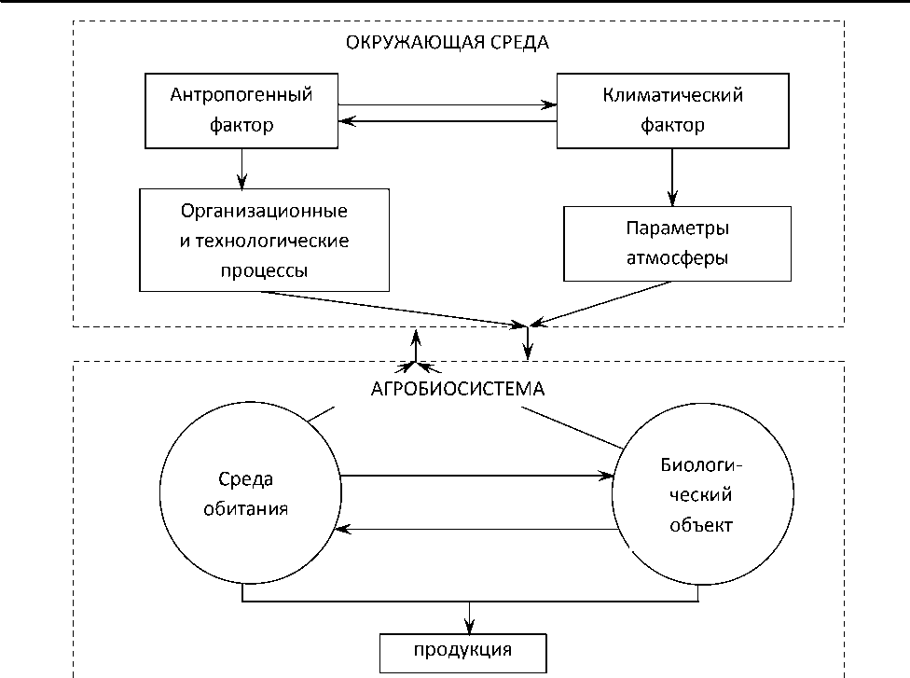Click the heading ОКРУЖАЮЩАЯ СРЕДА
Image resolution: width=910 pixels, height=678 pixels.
448,43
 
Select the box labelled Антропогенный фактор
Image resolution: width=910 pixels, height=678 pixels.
241,110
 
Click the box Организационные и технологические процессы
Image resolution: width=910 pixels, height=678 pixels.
264,241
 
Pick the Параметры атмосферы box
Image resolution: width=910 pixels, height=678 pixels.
677,242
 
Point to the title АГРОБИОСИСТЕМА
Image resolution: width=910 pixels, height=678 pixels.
456,388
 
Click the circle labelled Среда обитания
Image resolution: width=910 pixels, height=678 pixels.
248,495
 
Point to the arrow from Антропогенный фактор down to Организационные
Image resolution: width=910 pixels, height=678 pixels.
241,168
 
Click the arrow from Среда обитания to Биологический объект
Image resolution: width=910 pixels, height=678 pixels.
476,477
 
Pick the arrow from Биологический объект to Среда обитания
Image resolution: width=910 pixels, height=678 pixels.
476,530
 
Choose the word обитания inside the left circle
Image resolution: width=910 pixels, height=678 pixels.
247,510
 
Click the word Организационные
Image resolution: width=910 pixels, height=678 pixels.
264,211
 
